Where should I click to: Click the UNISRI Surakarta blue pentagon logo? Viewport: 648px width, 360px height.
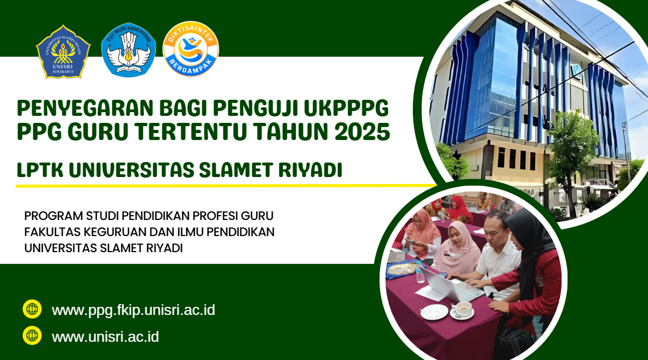tap(63, 52)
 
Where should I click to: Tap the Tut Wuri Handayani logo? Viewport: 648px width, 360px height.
tap(129, 50)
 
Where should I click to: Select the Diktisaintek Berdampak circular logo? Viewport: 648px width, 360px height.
tap(191, 49)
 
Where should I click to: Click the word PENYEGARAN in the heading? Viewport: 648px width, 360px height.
tap(85, 108)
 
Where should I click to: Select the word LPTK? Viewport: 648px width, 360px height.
tap(40, 170)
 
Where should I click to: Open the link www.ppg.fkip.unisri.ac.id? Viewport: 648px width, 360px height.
tap(133, 310)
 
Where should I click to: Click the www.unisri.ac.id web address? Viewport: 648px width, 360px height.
tap(105, 337)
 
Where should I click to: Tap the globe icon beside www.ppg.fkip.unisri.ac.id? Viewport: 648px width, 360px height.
tap(32, 309)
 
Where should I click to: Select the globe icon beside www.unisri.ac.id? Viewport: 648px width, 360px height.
tap(32, 335)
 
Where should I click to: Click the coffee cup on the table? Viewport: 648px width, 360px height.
tap(462, 310)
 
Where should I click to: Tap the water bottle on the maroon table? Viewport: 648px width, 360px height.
tap(419, 272)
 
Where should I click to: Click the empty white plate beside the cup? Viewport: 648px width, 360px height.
tap(434, 312)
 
